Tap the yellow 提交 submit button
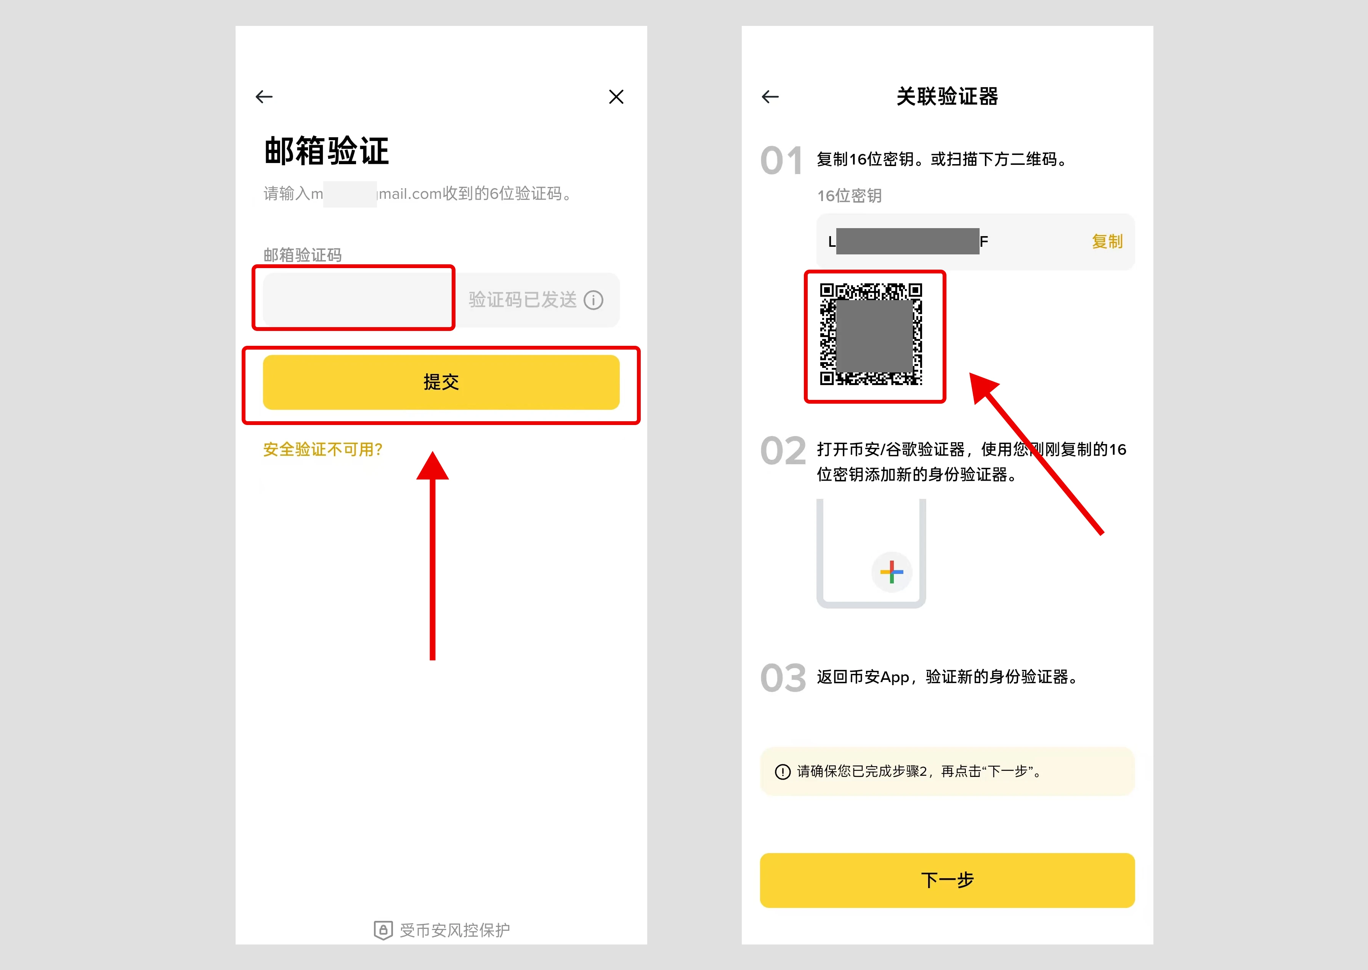pyautogui.click(x=441, y=382)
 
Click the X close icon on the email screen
pyautogui.click(x=616, y=97)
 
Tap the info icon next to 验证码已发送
pyautogui.click(x=593, y=300)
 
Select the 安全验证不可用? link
pyautogui.click(x=323, y=449)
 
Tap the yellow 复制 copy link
pyautogui.click(x=1107, y=241)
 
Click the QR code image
pyautogui.click(x=871, y=334)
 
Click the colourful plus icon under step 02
pyautogui.click(x=892, y=572)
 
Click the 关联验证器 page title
pyautogui.click(x=947, y=97)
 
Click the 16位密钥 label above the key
pyautogui.click(x=849, y=196)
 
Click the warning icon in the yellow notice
pyautogui.click(x=782, y=772)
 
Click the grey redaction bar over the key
pyautogui.click(x=907, y=241)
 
